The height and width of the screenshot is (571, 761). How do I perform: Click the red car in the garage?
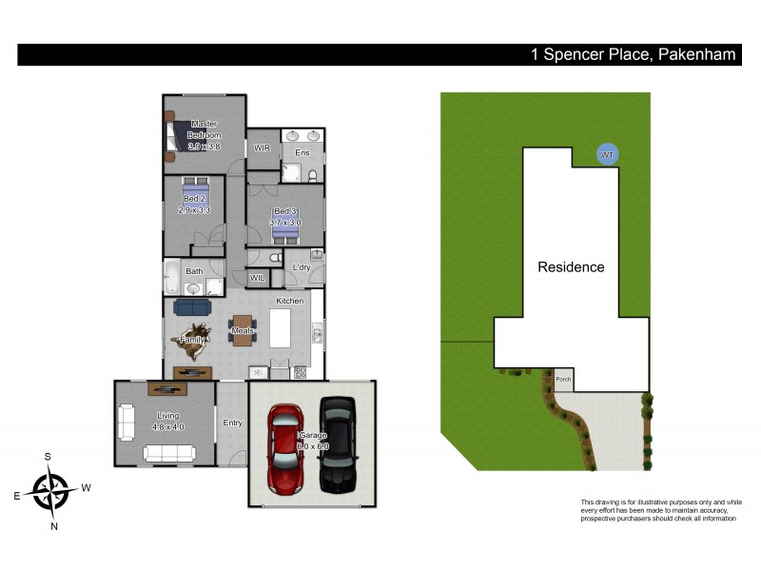(x=285, y=448)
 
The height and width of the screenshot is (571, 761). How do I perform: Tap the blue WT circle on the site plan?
(x=605, y=153)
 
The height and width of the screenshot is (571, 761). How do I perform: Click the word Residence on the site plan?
(x=571, y=267)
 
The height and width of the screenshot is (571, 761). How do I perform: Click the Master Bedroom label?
(x=205, y=135)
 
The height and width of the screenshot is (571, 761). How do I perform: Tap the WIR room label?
(x=263, y=148)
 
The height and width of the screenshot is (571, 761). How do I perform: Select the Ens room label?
(x=302, y=152)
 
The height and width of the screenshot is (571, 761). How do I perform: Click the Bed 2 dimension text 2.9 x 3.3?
(x=194, y=209)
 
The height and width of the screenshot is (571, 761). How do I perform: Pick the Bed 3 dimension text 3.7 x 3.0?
(x=285, y=223)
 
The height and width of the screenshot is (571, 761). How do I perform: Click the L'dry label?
(x=302, y=267)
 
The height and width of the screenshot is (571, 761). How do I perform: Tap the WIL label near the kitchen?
(x=257, y=278)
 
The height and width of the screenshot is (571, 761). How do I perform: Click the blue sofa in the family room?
(x=194, y=307)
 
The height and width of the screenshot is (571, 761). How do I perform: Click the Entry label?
(x=232, y=423)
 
